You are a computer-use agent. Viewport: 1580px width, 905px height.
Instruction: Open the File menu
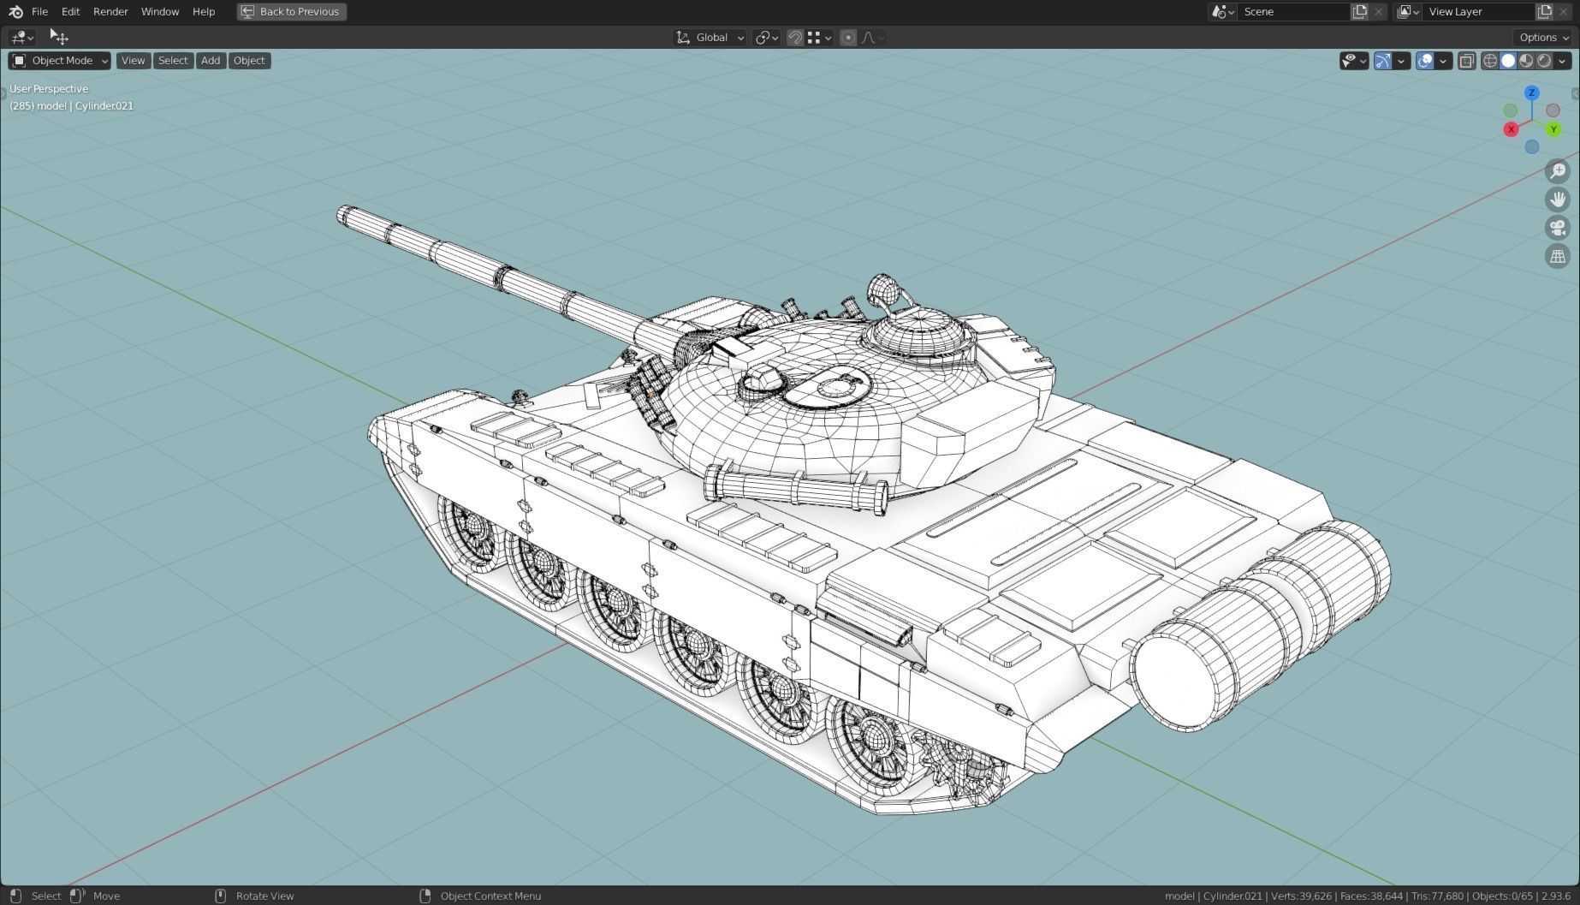coord(39,12)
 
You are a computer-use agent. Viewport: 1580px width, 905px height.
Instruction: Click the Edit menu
coord(70,12)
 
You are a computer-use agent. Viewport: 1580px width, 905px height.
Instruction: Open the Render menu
coord(110,12)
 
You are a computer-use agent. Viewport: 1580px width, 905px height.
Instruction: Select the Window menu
coord(160,12)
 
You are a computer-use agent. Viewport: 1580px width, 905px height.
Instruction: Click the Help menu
coord(204,12)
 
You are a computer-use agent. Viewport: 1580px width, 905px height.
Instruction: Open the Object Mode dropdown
coord(60,61)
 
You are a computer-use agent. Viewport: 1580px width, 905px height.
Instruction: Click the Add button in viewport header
coord(211,61)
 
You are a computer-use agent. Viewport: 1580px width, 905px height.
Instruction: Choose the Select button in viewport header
coord(172,61)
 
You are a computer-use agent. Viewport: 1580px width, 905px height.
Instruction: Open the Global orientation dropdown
coord(710,38)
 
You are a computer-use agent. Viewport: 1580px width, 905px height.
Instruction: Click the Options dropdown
coord(1543,38)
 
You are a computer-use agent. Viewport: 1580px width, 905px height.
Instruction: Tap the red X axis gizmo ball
coord(1511,129)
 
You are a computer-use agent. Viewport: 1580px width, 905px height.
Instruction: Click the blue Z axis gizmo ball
coord(1531,92)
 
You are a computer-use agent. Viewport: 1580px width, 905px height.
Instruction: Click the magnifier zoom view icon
coord(1558,171)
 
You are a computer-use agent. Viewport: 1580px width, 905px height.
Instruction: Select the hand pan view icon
coord(1558,199)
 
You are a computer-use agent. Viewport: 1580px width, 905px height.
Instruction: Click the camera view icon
coord(1558,228)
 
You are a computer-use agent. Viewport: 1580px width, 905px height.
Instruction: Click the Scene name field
coord(1292,12)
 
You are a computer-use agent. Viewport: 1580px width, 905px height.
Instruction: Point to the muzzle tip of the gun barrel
coord(344,214)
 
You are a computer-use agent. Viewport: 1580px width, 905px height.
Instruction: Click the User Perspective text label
coord(49,89)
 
